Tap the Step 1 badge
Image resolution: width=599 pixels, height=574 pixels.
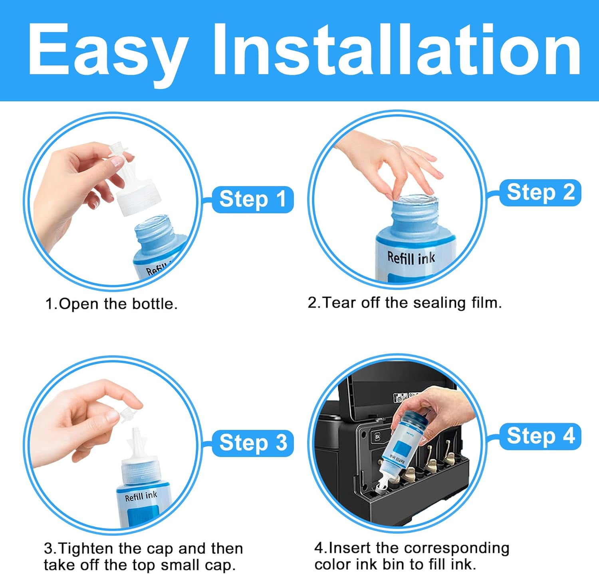tap(253, 199)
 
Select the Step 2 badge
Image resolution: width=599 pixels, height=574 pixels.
tap(540, 192)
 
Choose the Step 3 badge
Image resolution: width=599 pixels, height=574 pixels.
tap(253, 443)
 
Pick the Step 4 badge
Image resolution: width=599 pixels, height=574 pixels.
tap(540, 436)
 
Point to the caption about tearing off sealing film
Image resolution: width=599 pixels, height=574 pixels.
tap(405, 303)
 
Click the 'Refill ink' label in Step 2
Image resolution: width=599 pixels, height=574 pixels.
tap(411, 258)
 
